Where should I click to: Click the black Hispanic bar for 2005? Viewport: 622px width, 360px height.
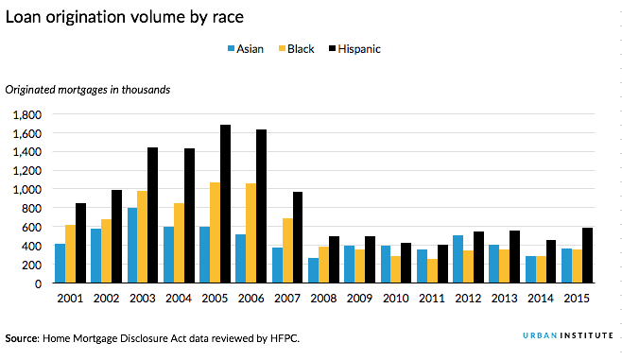(225, 204)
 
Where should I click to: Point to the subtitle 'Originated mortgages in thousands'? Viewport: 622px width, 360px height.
(87, 90)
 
